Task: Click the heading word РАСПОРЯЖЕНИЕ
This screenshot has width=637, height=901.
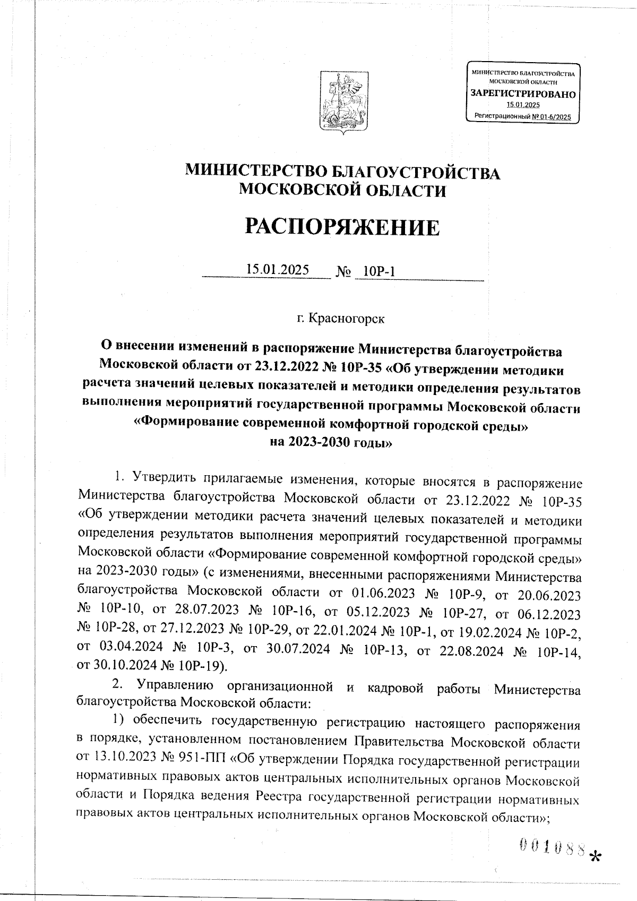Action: tap(342, 227)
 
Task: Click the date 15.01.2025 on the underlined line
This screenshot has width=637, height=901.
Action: tap(277, 270)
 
